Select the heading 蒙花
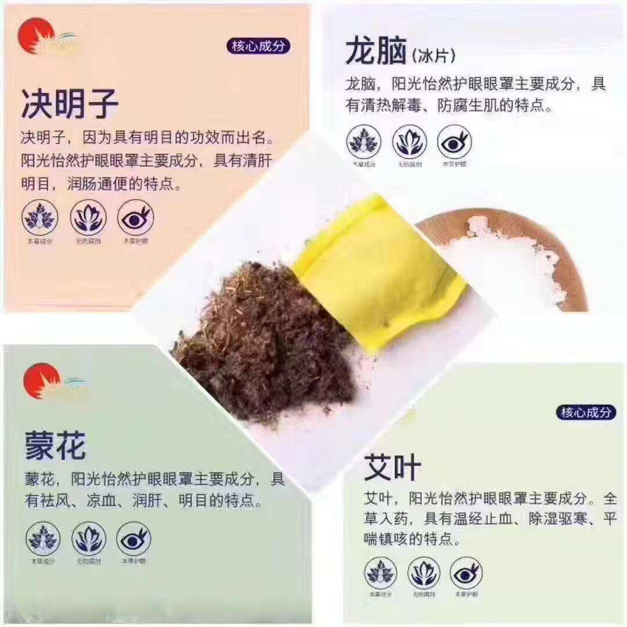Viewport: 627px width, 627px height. (55, 446)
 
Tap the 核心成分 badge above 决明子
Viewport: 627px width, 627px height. (258, 46)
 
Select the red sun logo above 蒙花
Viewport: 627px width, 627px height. (41, 380)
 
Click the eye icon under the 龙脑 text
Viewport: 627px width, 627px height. (454, 142)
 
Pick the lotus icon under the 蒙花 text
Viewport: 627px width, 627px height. (89, 538)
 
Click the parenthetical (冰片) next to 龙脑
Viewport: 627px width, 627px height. (433, 57)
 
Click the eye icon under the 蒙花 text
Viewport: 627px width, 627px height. (134, 538)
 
